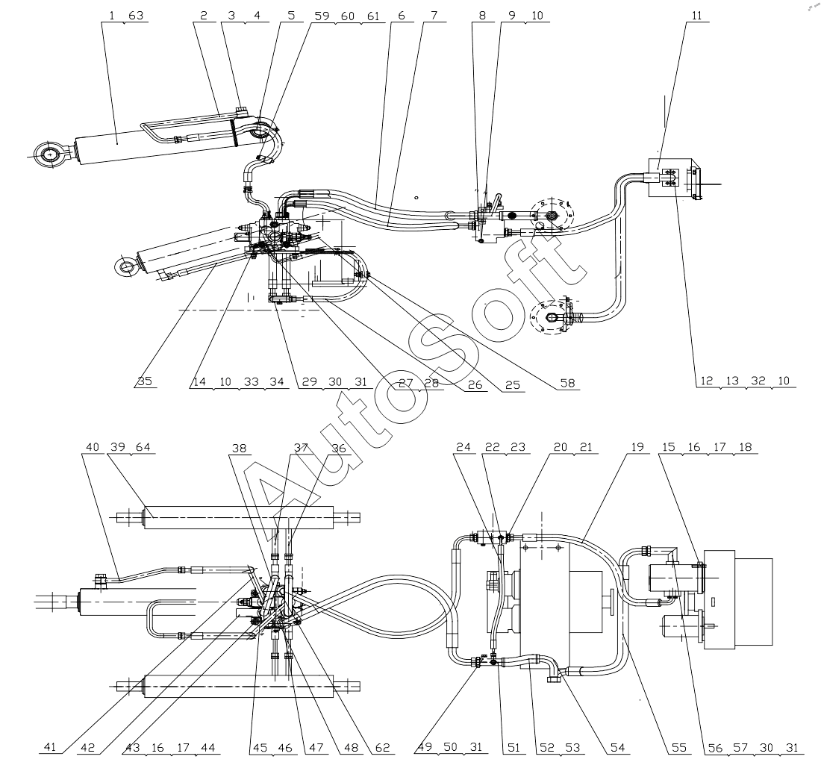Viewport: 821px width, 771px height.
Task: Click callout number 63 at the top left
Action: pyautogui.click(x=136, y=16)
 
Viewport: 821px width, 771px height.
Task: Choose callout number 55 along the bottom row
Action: pyautogui.click(x=678, y=746)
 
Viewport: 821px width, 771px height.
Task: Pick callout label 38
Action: pyautogui.click(x=239, y=448)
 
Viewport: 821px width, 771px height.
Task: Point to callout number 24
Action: pyautogui.click(x=464, y=448)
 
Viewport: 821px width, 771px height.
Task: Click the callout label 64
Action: pyautogui.click(x=144, y=448)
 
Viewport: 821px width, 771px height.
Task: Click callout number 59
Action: pyautogui.click(x=325, y=16)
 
